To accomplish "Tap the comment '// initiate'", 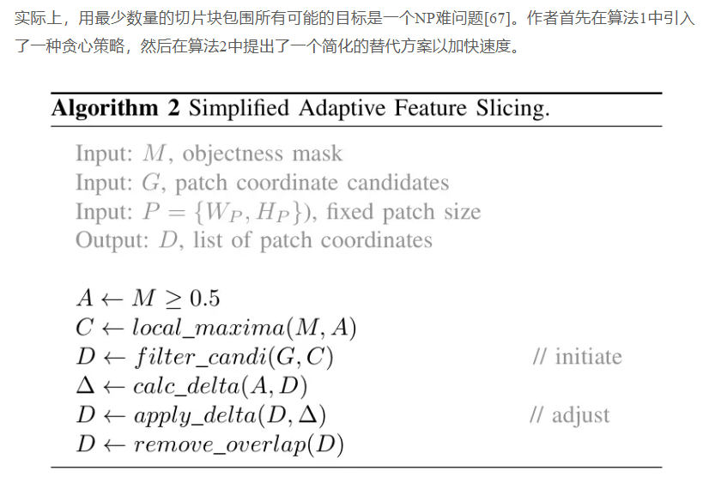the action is tap(577, 356).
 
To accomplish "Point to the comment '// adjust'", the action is tap(569, 415).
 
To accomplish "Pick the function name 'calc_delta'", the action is tap(182, 386).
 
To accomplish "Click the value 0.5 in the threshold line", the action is tap(204, 298).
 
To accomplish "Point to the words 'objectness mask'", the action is tap(262, 154).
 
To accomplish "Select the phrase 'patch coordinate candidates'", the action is tap(312, 183).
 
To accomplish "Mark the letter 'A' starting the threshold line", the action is tap(84, 298).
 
